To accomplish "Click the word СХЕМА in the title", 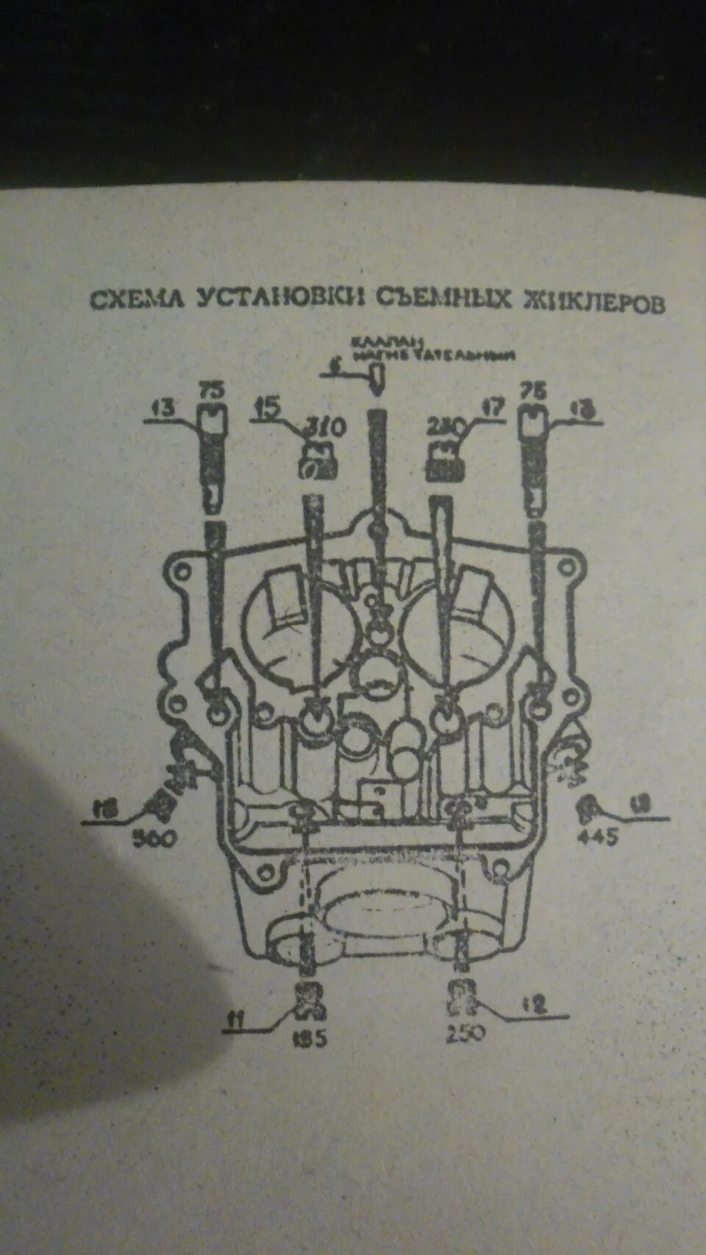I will (138, 299).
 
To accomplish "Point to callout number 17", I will (492, 407).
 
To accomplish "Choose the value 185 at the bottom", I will (310, 1038).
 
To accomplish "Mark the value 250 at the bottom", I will (465, 1033).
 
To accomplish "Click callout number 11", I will (236, 1019).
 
